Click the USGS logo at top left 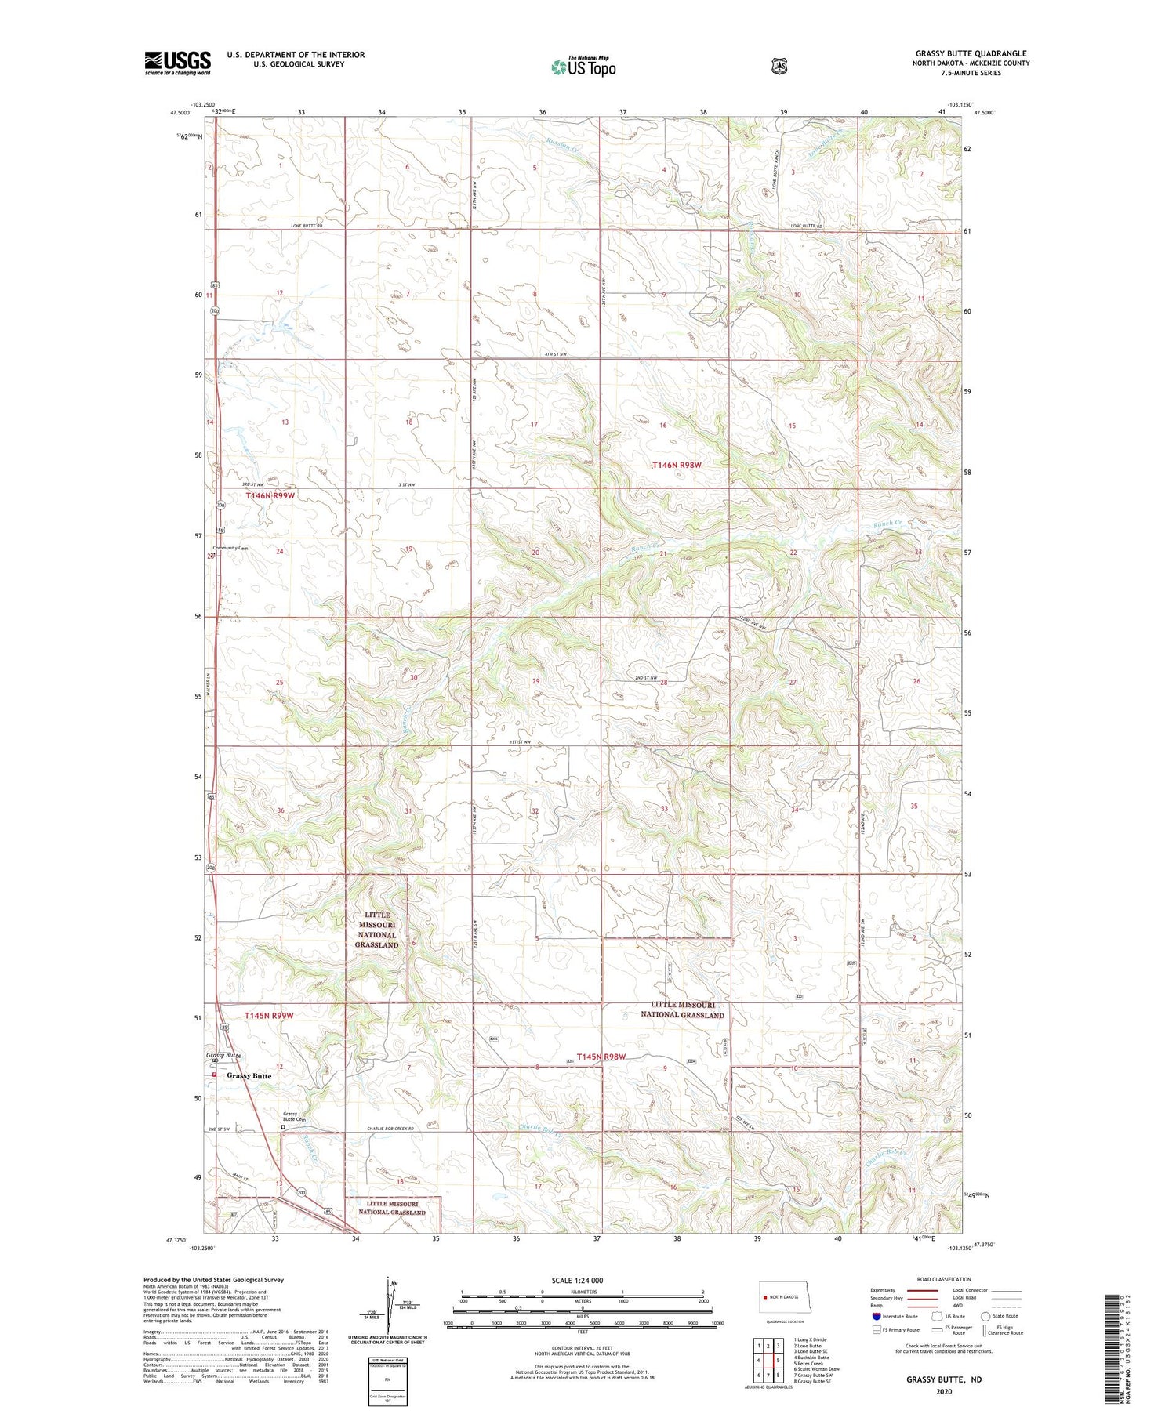tap(177, 63)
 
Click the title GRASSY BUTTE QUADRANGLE tap(971, 53)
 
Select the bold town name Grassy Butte tap(249, 1076)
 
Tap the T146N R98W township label tap(677, 465)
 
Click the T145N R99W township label tap(269, 1015)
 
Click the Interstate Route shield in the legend tap(877, 1317)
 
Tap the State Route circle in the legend tap(985, 1316)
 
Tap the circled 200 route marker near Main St tap(301, 1192)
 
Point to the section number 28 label tap(663, 683)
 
